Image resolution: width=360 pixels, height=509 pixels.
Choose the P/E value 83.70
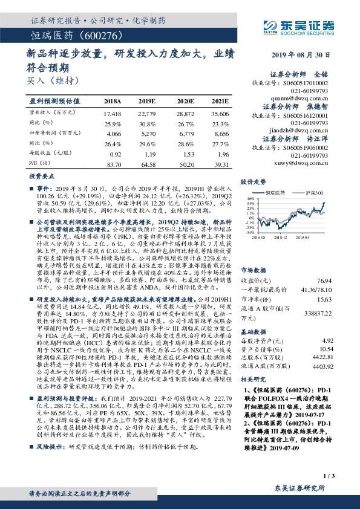(x=113, y=164)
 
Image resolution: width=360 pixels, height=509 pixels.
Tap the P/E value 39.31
(x=220, y=164)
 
